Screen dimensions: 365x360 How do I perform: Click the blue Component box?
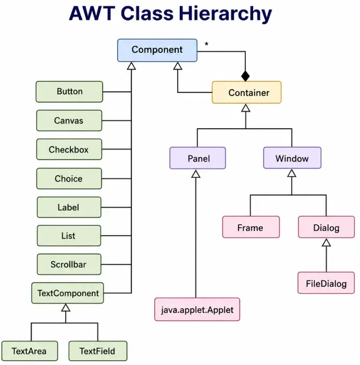(157, 50)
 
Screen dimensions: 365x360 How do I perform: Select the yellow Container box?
(246, 93)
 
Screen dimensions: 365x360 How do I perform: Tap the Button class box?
(69, 92)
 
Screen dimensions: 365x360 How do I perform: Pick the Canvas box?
(69, 121)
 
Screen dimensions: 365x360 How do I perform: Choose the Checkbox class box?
(69, 150)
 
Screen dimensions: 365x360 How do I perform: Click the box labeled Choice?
(69, 178)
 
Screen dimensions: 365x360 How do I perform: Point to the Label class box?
(69, 207)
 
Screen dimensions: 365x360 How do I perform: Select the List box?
(69, 236)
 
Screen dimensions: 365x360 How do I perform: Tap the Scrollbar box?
(69, 264)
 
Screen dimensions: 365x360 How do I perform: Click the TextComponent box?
(68, 293)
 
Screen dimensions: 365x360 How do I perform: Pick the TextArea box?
(29, 351)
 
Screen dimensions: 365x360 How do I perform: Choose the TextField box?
(98, 351)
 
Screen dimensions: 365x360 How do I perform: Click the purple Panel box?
(197, 159)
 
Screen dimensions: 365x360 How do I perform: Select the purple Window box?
(292, 159)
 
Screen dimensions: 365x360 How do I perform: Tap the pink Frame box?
(250, 228)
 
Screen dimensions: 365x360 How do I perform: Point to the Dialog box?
(326, 228)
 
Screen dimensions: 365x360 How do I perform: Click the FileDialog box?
(326, 283)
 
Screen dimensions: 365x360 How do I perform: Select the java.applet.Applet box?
(197, 310)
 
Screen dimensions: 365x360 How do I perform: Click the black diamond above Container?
(245, 76)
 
